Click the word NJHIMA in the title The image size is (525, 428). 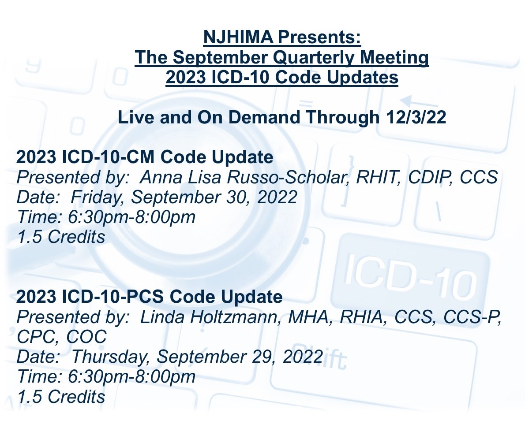pyautogui.click(x=238, y=37)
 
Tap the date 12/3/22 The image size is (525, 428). pyautogui.click(x=416, y=117)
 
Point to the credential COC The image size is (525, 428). pyautogui.click(x=86, y=337)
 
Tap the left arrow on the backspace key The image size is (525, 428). pyautogui.click(x=417, y=101)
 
